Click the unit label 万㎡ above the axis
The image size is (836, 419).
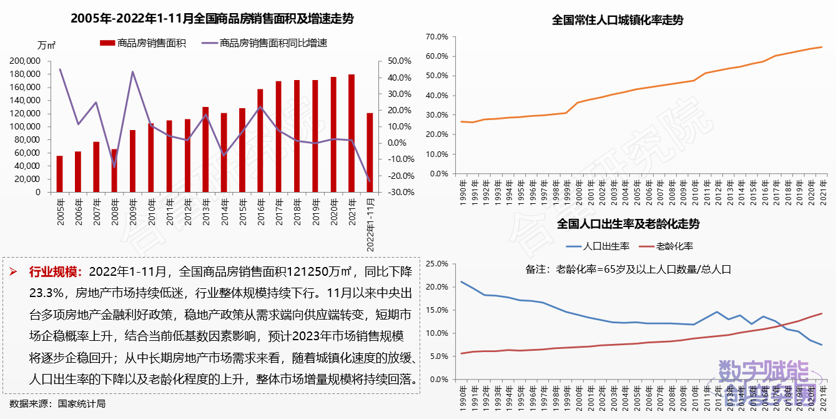47,45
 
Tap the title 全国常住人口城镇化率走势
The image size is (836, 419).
617,20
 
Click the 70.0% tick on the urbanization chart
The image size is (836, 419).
436,36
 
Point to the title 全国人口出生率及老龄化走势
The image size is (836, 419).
626,224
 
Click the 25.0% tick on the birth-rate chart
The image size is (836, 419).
436,263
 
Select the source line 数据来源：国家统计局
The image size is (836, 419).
57,403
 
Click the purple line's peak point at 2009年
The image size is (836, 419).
132,71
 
